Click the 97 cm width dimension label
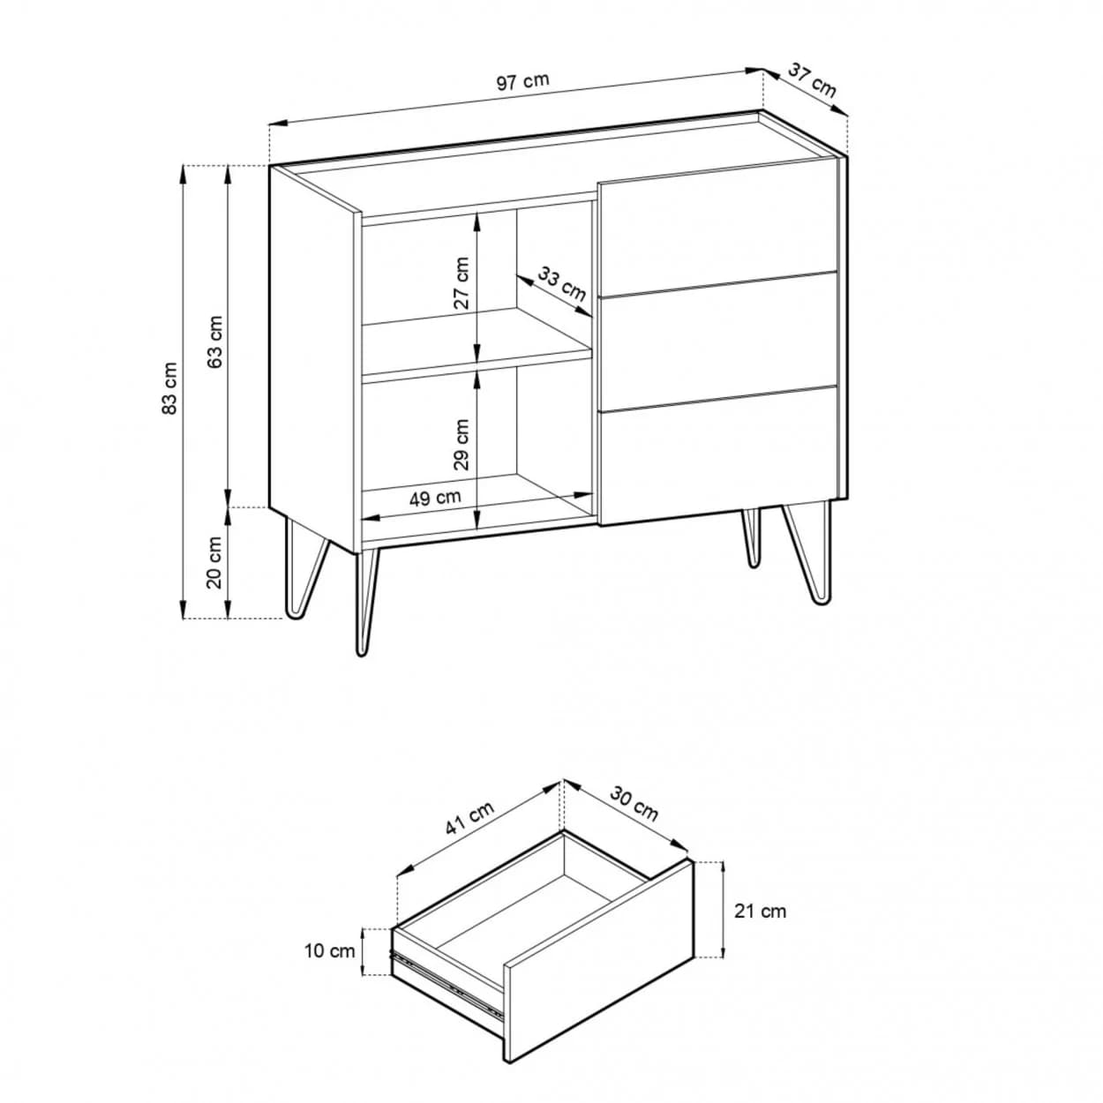[522, 81]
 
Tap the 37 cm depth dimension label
[812, 80]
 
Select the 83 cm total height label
[170, 388]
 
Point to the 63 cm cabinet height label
[216, 341]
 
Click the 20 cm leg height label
[214, 563]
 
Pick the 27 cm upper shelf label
[461, 283]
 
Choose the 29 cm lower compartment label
[461, 445]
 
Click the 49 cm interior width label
[435, 498]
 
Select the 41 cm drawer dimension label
[469, 818]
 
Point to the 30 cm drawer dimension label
[634, 803]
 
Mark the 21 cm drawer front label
[760, 927]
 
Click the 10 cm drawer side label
[329, 950]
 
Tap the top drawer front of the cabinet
[717, 228]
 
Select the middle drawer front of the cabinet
[717, 341]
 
